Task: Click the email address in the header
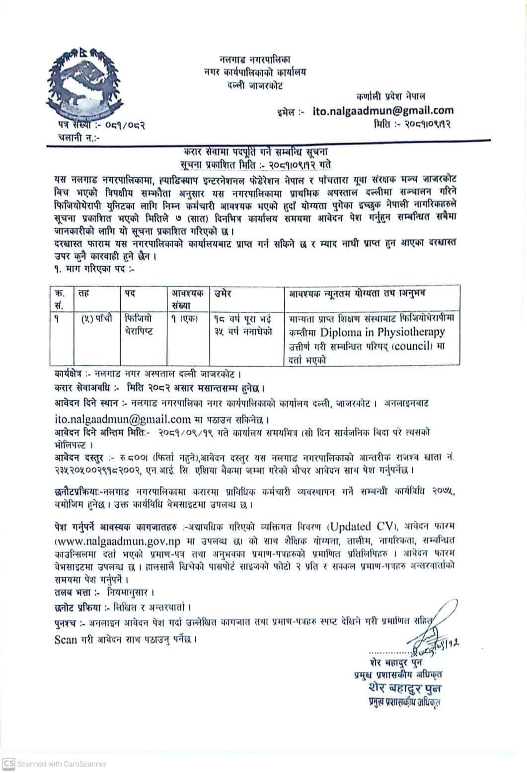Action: coord(383,111)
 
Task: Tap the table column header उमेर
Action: coord(224,294)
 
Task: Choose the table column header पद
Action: coord(130,294)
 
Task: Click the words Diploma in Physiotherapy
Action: coord(383,331)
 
